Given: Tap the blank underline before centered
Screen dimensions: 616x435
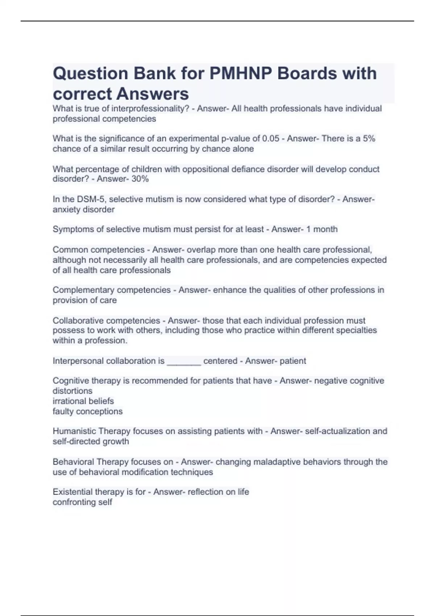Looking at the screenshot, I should click(183, 361).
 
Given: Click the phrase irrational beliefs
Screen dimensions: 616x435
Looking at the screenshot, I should click(83, 401).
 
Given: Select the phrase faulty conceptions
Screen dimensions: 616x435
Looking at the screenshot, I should click(87, 412).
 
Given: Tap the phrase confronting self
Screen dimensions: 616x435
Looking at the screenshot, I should click(82, 502).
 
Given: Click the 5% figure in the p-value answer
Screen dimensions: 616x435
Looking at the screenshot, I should click(369, 139).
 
